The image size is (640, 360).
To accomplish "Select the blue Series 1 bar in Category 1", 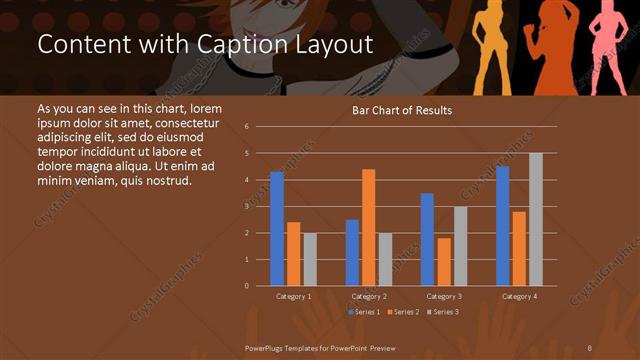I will tap(277, 229).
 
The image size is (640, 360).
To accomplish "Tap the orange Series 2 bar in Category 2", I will tap(369, 227).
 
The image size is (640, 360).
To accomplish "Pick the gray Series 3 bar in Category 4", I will tap(536, 219).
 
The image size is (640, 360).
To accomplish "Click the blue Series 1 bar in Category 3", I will tap(427, 239).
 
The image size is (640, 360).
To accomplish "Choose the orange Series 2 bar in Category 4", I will tap(519, 248).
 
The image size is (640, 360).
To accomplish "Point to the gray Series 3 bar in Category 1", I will tap(310, 259).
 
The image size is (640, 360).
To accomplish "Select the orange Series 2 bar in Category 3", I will tap(444, 261).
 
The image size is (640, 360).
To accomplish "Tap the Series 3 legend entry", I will tap(444, 312).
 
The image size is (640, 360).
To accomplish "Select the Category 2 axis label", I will tap(369, 297).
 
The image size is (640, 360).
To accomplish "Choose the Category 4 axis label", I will tap(519, 297).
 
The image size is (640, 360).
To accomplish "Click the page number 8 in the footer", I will tap(590, 345).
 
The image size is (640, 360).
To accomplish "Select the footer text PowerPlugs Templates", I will tap(290, 345).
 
